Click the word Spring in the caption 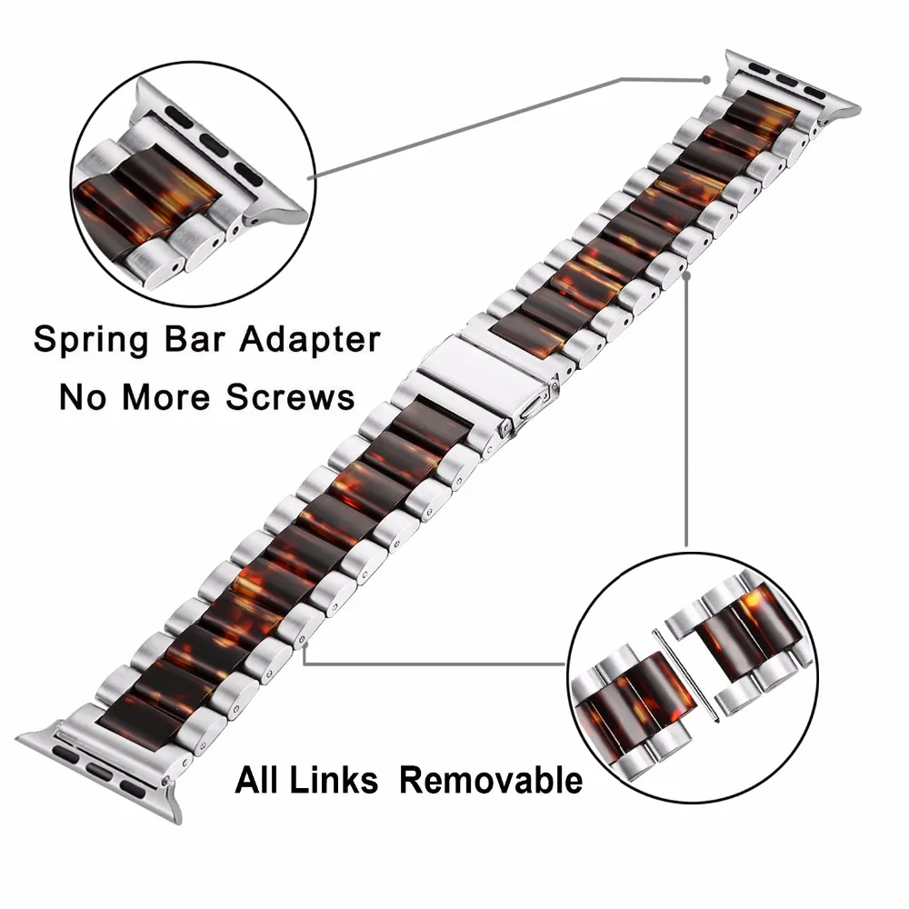click(91, 340)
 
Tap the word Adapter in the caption click(311, 340)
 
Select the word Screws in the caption click(290, 397)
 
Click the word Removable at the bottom click(491, 780)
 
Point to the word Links click(334, 780)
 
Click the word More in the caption click(165, 397)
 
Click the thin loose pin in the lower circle click(686, 675)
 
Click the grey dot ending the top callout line click(706, 79)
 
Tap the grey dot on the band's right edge click(687, 276)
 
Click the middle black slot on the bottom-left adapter click(100, 771)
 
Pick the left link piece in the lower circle click(632, 708)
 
